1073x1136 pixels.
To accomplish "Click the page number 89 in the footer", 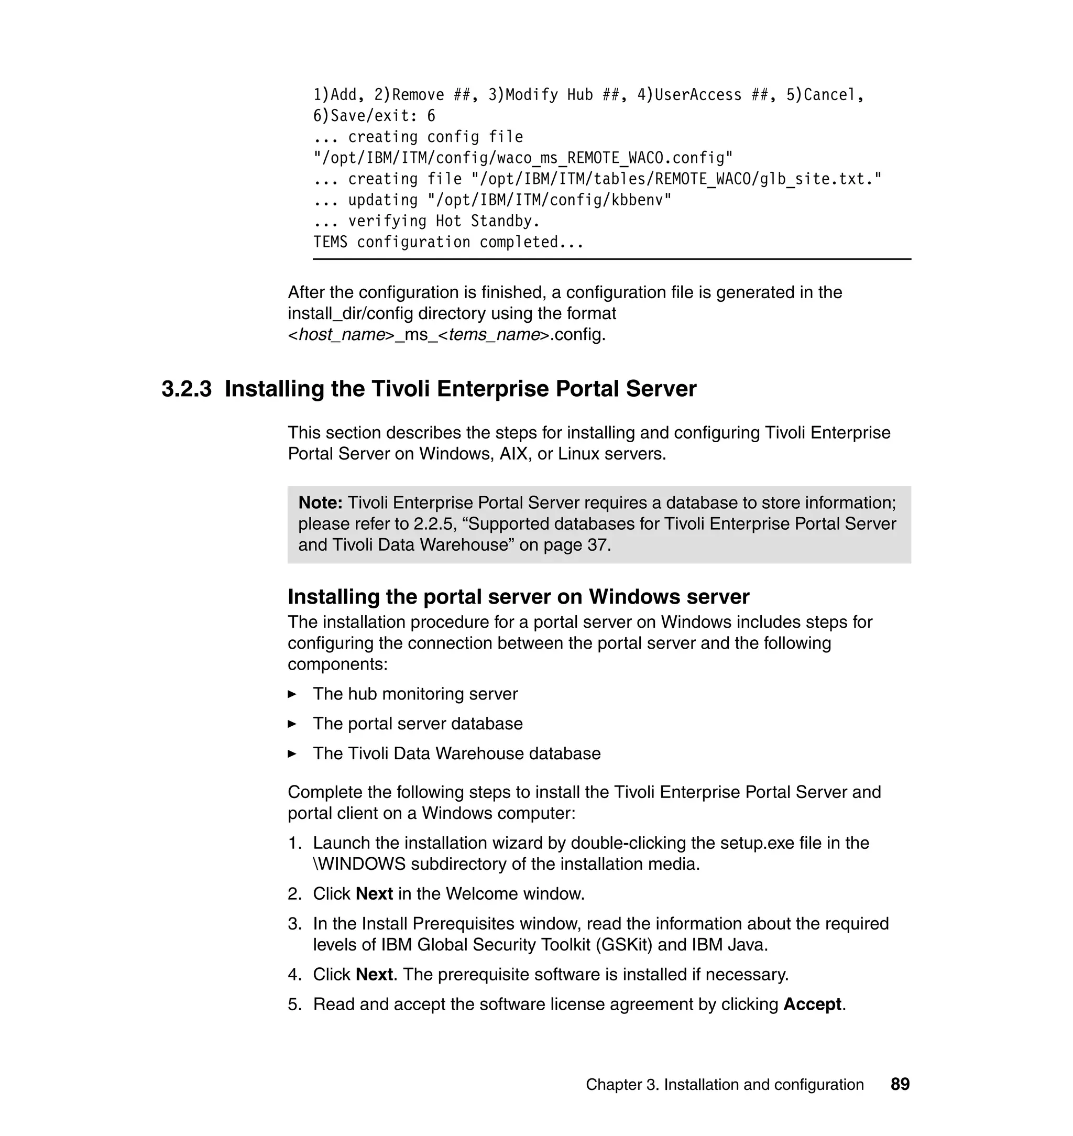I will click(x=900, y=1084).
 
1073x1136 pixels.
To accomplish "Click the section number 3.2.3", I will click(x=187, y=389).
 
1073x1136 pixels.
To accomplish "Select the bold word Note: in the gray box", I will click(x=320, y=503).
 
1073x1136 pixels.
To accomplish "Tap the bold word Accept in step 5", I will click(x=812, y=1004).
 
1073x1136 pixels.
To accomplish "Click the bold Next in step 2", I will click(x=374, y=893).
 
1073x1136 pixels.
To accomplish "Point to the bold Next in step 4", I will click(x=374, y=974).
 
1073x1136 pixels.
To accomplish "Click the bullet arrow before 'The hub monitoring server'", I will click(x=292, y=694).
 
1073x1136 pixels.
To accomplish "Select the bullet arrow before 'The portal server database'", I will click(x=292, y=724).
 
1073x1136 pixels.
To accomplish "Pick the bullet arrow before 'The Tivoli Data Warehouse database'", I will click(x=292, y=754).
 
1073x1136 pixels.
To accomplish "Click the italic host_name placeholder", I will click(x=342, y=335).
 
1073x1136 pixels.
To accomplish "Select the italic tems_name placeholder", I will click(x=494, y=335).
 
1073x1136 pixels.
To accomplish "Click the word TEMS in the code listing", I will click(x=330, y=243).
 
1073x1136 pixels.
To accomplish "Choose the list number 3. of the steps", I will click(x=294, y=923).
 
